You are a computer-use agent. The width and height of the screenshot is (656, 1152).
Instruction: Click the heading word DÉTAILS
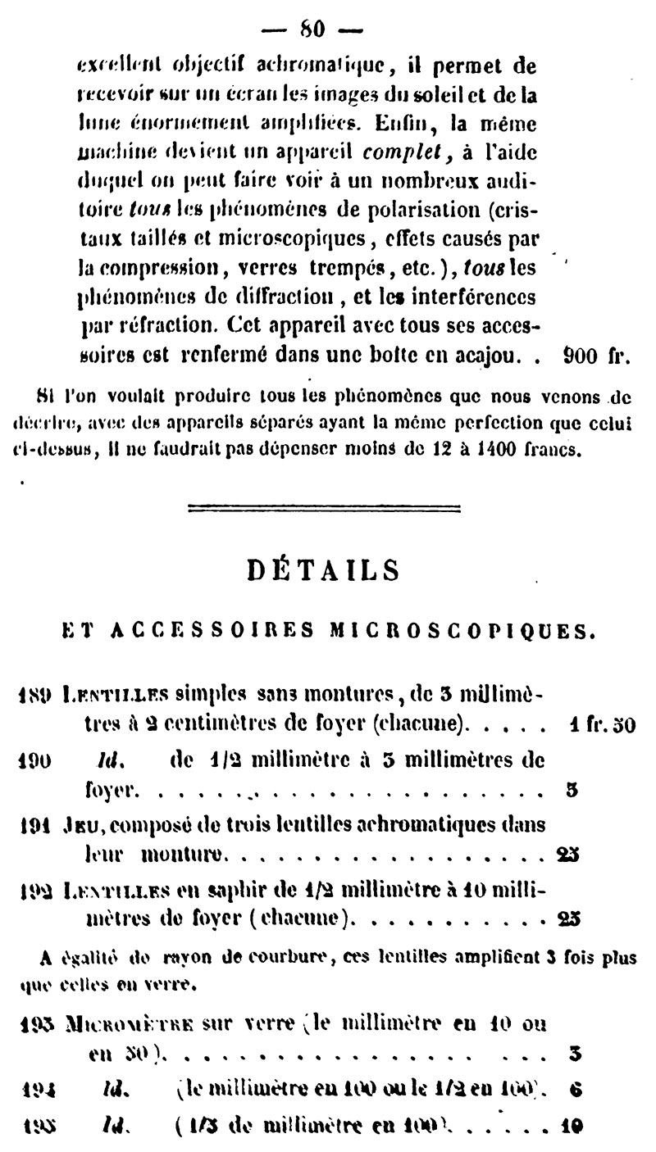coord(323,569)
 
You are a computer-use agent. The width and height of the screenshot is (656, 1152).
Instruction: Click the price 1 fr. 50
coord(601,725)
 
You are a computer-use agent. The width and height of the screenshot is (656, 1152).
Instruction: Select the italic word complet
coord(400,152)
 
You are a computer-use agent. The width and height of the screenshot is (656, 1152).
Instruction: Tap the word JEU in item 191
coord(78,823)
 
